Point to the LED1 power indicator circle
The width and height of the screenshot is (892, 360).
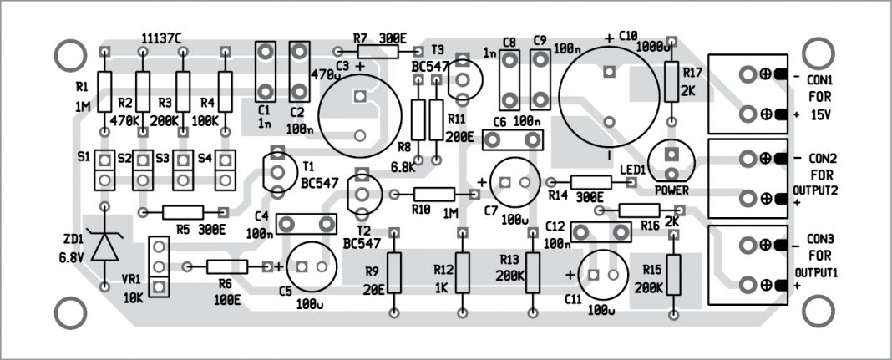click(x=670, y=158)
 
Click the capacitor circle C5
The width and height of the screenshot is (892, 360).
click(x=312, y=266)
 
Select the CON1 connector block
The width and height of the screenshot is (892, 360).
click(x=747, y=94)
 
